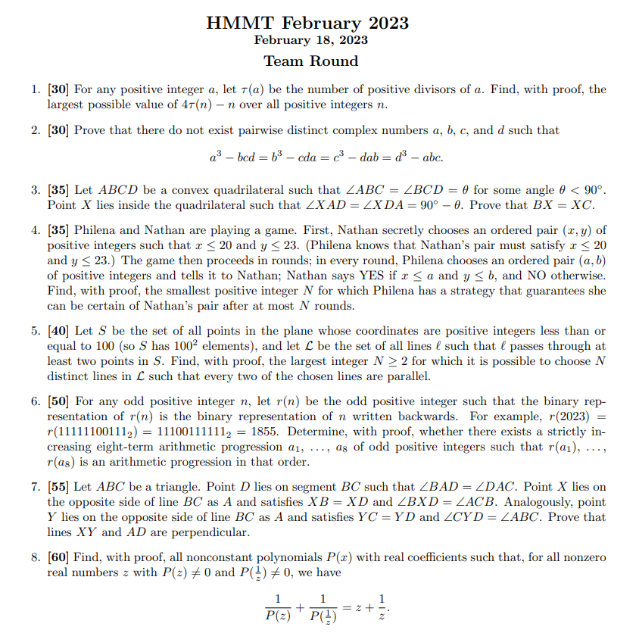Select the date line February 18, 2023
click(311, 40)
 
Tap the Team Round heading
click(311, 61)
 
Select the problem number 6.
click(35, 401)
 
